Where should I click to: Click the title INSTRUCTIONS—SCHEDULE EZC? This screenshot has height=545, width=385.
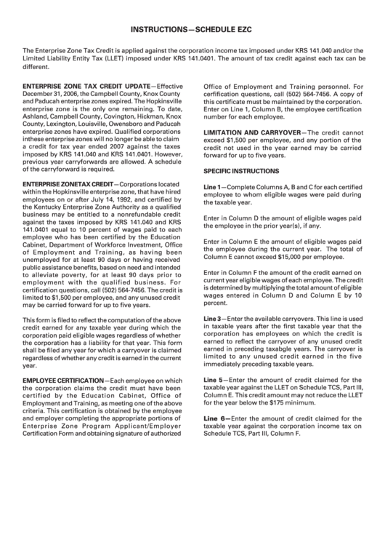pyautogui.click(x=192, y=31)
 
